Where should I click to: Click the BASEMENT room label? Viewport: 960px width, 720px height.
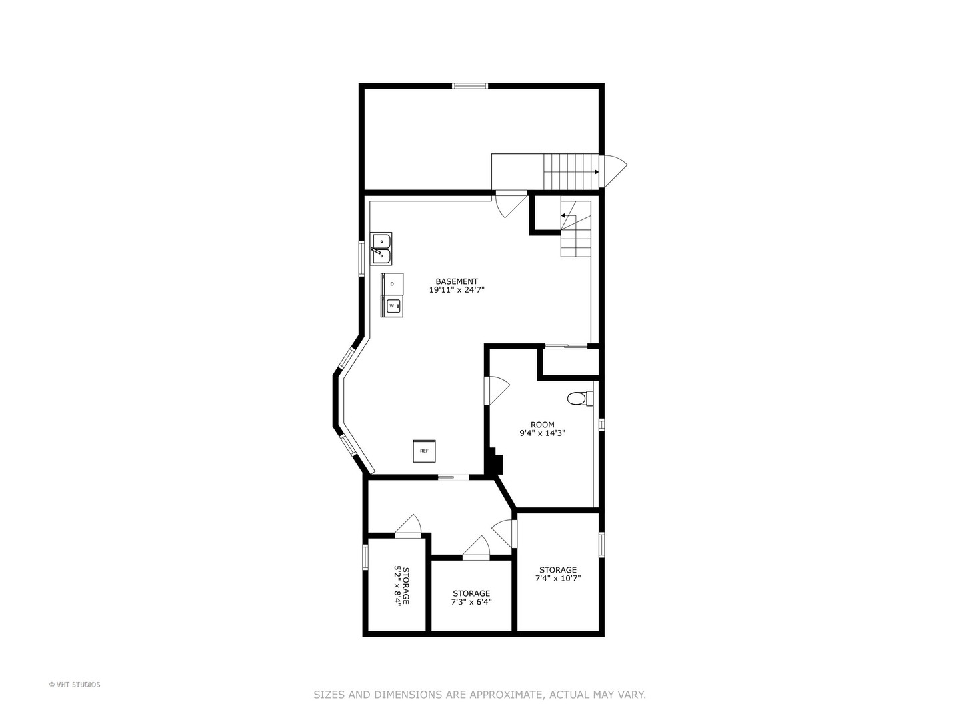tap(457, 281)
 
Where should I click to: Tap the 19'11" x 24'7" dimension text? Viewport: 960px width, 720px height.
tap(457, 290)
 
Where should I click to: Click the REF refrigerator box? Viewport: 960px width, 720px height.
tap(424, 451)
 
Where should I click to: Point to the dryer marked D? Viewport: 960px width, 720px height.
tap(392, 283)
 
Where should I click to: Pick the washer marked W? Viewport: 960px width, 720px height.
tap(392, 306)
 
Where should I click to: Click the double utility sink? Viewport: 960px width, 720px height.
tap(381, 249)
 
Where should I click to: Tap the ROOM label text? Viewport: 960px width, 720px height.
tap(542, 425)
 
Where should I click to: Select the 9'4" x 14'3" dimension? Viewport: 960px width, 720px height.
tap(542, 433)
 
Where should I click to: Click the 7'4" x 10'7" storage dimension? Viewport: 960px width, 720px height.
tap(558, 579)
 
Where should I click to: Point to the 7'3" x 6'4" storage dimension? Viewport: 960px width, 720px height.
tap(471, 602)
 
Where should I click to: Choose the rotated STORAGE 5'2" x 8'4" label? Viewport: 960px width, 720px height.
tap(401, 586)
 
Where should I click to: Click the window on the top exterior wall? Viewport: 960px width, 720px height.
tap(470, 85)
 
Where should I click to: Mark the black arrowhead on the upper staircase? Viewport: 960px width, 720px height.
tap(596, 172)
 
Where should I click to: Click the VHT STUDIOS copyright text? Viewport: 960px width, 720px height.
tap(75, 685)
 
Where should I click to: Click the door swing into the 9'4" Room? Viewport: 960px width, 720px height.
tap(498, 390)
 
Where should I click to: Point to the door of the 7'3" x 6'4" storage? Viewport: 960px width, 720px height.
tap(477, 547)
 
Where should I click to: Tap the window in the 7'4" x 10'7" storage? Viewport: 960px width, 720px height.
tap(601, 544)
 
